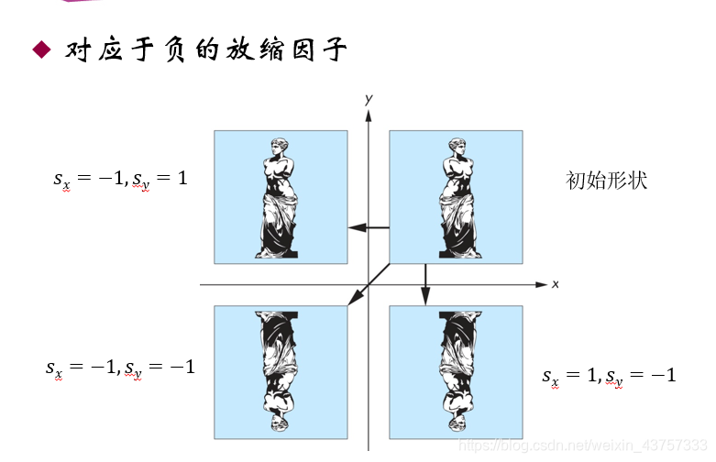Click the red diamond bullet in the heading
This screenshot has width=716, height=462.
pyautogui.click(x=40, y=50)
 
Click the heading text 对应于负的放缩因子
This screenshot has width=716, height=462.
pyautogui.click(x=205, y=49)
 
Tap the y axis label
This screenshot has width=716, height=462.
pyautogui.click(x=367, y=98)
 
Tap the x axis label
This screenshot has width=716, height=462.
pyautogui.click(x=556, y=284)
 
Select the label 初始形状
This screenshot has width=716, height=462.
pyautogui.click(x=607, y=180)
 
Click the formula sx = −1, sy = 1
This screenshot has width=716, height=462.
pyautogui.click(x=120, y=179)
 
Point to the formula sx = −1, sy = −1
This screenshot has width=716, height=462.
pyautogui.click(x=120, y=368)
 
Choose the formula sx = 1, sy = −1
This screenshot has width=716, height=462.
pyautogui.click(x=609, y=375)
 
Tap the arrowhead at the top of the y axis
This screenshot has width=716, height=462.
pyautogui.click(x=369, y=115)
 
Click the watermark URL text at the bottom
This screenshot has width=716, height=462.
pyautogui.click(x=582, y=445)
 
